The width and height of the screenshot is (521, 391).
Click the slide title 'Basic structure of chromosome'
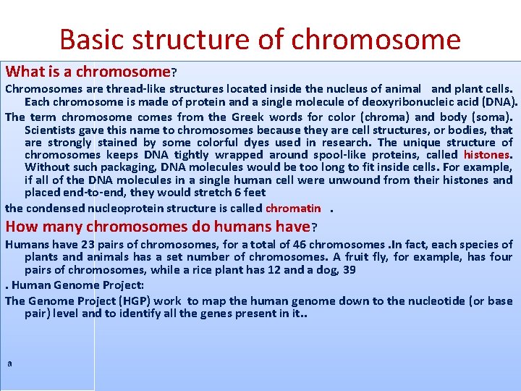point(260,38)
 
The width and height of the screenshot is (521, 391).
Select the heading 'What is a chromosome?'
point(91,72)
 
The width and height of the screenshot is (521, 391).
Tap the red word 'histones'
point(488,155)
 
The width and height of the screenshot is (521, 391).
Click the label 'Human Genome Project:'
point(72,285)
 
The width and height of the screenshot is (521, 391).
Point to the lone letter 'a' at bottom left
point(9,363)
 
